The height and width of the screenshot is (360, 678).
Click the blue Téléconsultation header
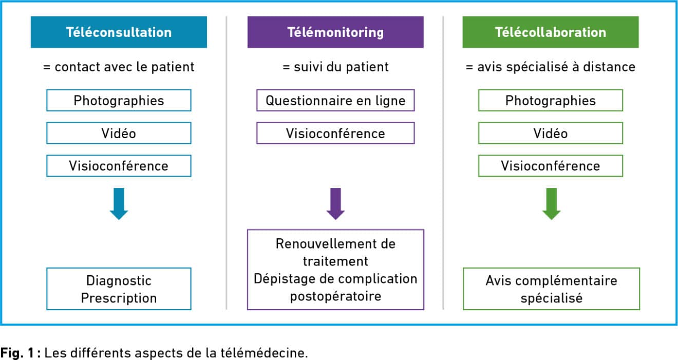(x=119, y=32)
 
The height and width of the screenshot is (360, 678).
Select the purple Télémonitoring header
(x=335, y=32)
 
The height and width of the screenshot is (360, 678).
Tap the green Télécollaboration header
(x=551, y=32)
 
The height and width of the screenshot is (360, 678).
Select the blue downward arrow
(x=119, y=204)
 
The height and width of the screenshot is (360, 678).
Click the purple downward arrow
(x=336, y=204)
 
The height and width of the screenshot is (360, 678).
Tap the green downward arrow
(x=552, y=204)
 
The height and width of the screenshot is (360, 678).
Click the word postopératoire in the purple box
(x=335, y=296)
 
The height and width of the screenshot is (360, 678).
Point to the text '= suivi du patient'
(x=335, y=67)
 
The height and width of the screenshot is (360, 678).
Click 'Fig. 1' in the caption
(x=17, y=353)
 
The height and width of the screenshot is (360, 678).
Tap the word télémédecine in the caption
(x=264, y=353)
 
